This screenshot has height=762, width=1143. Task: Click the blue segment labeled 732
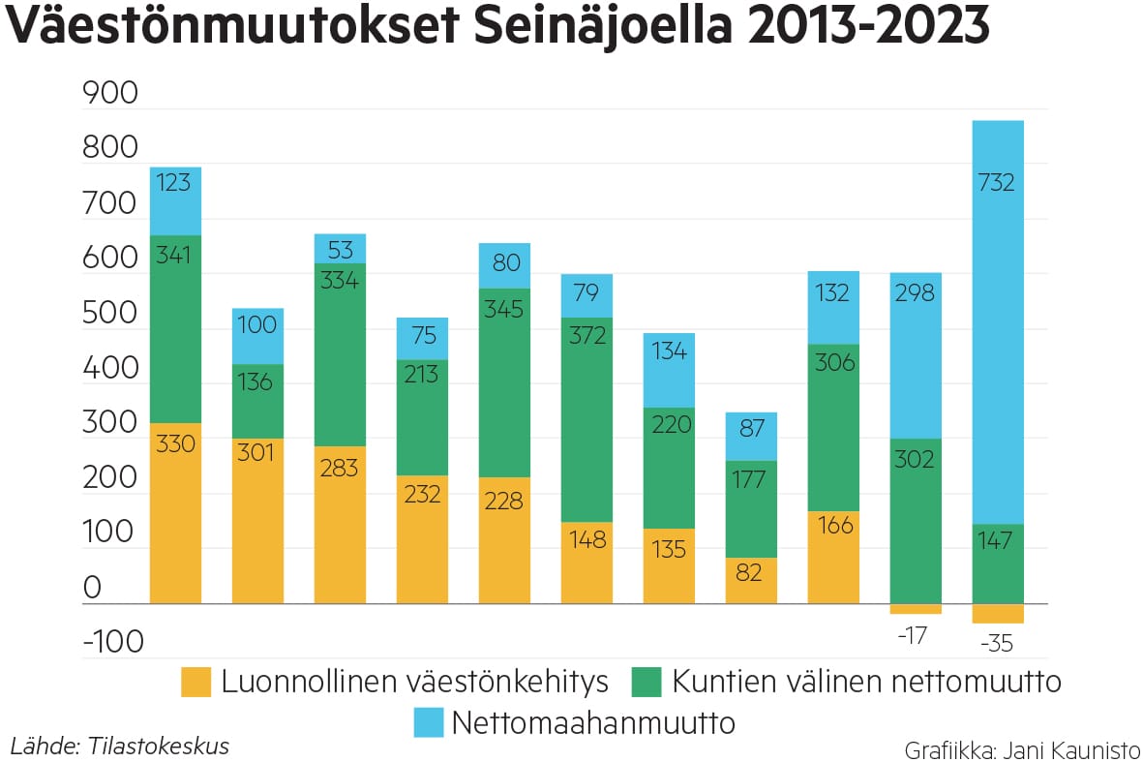pyautogui.click(x=998, y=322)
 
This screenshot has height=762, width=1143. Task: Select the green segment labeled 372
pyautogui.click(x=587, y=418)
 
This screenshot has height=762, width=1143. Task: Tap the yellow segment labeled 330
pyautogui.click(x=175, y=513)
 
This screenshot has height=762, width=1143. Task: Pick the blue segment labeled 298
pyautogui.click(x=916, y=355)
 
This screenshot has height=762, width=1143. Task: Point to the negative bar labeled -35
pyautogui.click(x=998, y=614)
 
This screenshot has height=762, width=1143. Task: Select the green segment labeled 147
pyautogui.click(x=998, y=564)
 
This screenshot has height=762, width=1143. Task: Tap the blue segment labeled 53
pyautogui.click(x=340, y=249)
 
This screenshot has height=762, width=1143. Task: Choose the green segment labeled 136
pyautogui.click(x=257, y=401)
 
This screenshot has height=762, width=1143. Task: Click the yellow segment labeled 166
pyautogui.click(x=833, y=557)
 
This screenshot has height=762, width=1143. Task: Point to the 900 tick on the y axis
pyautogui.click(x=111, y=94)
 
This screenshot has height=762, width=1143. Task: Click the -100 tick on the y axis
pyautogui.click(x=111, y=642)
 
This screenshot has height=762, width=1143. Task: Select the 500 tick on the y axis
pyautogui.click(x=111, y=314)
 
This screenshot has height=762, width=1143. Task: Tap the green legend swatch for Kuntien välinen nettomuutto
pyautogui.click(x=646, y=683)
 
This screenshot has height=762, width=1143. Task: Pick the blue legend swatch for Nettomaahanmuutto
pyautogui.click(x=426, y=722)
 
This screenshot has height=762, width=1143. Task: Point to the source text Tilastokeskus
pyautogui.click(x=159, y=747)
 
